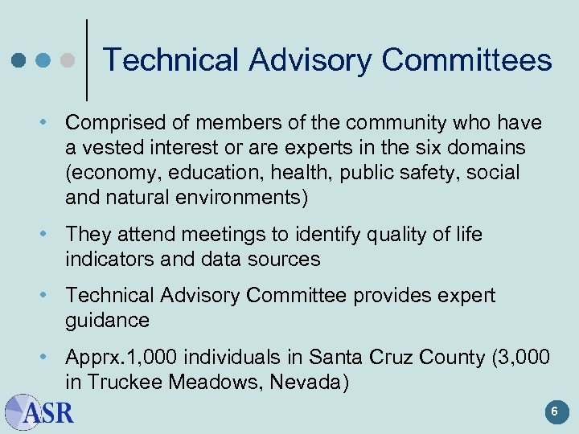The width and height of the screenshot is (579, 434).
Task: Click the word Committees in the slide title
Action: pos(466,60)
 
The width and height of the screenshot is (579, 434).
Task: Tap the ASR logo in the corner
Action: pos(39,412)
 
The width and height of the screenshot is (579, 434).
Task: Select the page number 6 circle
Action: pos(553,412)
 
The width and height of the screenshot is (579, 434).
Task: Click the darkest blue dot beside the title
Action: pos(18,60)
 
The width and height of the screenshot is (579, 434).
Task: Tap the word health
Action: pos(295,173)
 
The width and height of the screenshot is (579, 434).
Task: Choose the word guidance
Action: pos(107,321)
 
